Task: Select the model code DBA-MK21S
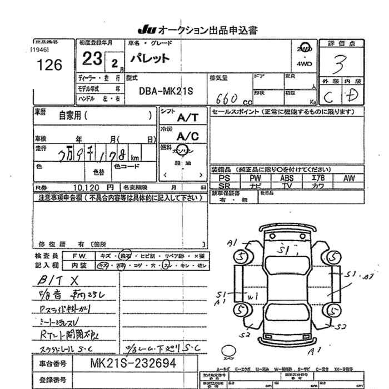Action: click(x=165, y=90)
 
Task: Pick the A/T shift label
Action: click(x=187, y=118)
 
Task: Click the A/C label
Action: click(x=187, y=136)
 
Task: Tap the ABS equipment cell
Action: click(x=287, y=178)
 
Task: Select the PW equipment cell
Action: click(x=256, y=178)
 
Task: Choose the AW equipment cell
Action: click(x=349, y=178)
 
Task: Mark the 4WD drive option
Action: click(x=304, y=64)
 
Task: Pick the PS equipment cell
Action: click(x=225, y=178)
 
